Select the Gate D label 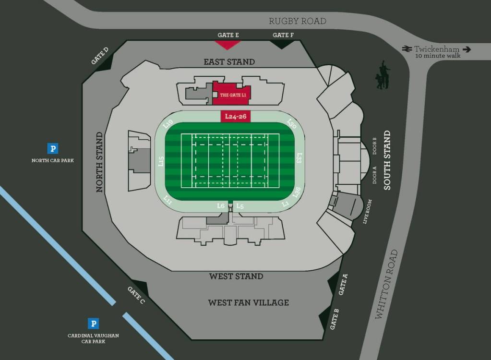pos(100,56)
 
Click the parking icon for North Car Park pos(53,149)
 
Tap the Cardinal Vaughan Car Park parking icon pos(93,324)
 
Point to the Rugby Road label pos(297,21)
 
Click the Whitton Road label pos(386,284)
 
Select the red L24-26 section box pos(236,117)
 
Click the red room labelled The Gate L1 pos(232,93)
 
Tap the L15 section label pos(161,161)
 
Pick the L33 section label pos(299,158)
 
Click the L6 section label pos(221,205)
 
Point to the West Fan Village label pos(248,302)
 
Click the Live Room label pos(368,212)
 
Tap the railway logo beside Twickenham pos(407,49)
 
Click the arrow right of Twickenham pos(467,49)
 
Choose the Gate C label pos(136,295)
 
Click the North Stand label pos(100,162)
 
